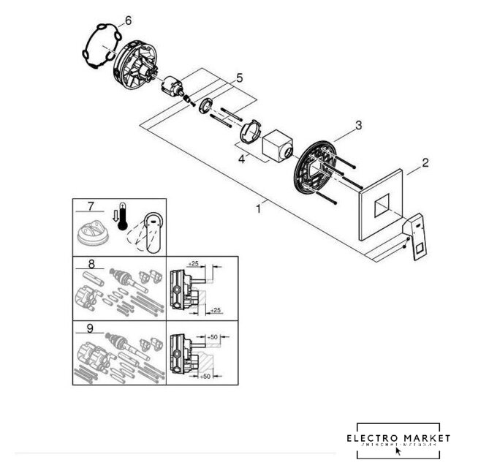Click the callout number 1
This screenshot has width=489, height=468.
257,208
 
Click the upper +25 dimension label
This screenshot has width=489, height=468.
194,263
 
